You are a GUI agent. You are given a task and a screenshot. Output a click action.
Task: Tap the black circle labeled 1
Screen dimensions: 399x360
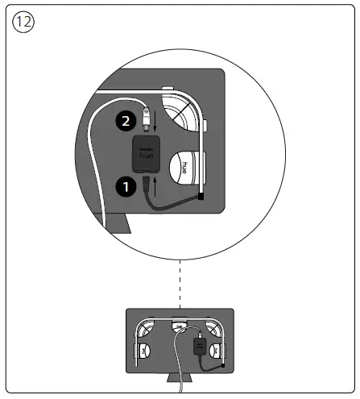pyautogui.click(x=124, y=185)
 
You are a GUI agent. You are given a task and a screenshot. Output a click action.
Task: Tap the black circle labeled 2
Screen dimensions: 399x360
pyautogui.click(x=124, y=123)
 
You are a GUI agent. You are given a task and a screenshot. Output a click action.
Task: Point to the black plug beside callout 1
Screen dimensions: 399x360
pyautogui.click(x=147, y=187)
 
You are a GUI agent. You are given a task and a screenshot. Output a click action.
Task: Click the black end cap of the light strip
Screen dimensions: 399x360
pyautogui.click(x=201, y=195)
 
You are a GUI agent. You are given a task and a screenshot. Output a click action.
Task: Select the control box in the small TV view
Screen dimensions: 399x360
pyautogui.click(x=198, y=346)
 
